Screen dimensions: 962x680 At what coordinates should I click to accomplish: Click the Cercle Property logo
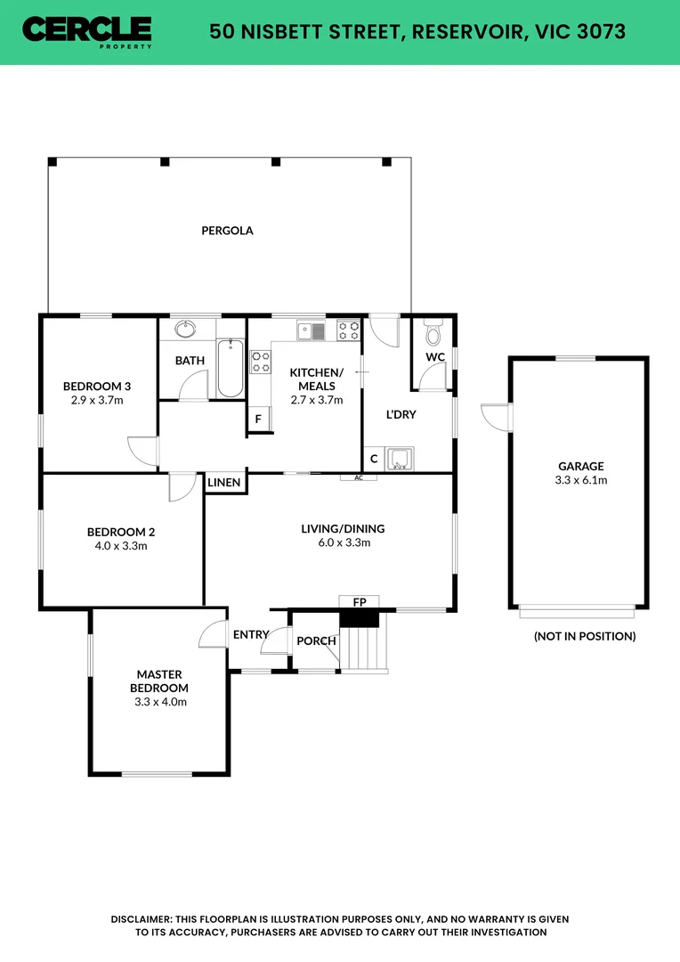(x=86, y=31)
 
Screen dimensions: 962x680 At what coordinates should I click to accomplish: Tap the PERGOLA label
(x=227, y=231)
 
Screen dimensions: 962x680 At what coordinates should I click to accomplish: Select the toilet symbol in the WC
(x=433, y=333)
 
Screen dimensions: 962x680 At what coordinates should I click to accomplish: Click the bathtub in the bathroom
(x=230, y=367)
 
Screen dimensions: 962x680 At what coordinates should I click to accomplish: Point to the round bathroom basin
(x=186, y=330)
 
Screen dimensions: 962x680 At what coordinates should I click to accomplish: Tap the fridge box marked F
(x=259, y=420)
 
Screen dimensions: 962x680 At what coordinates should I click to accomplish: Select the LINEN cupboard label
(x=224, y=483)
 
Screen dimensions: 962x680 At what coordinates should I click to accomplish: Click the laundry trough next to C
(x=400, y=459)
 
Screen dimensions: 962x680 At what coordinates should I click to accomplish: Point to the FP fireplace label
(x=360, y=602)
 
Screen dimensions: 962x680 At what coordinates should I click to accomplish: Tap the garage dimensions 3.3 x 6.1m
(x=581, y=480)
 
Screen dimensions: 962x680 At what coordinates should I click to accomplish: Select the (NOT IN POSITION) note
(x=584, y=636)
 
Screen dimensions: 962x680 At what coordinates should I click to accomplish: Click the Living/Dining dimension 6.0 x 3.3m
(x=343, y=542)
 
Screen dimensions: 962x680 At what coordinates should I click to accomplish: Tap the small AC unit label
(x=359, y=478)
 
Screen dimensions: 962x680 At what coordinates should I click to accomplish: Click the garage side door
(x=491, y=416)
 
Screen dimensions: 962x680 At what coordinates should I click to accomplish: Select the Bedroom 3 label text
(x=97, y=386)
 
